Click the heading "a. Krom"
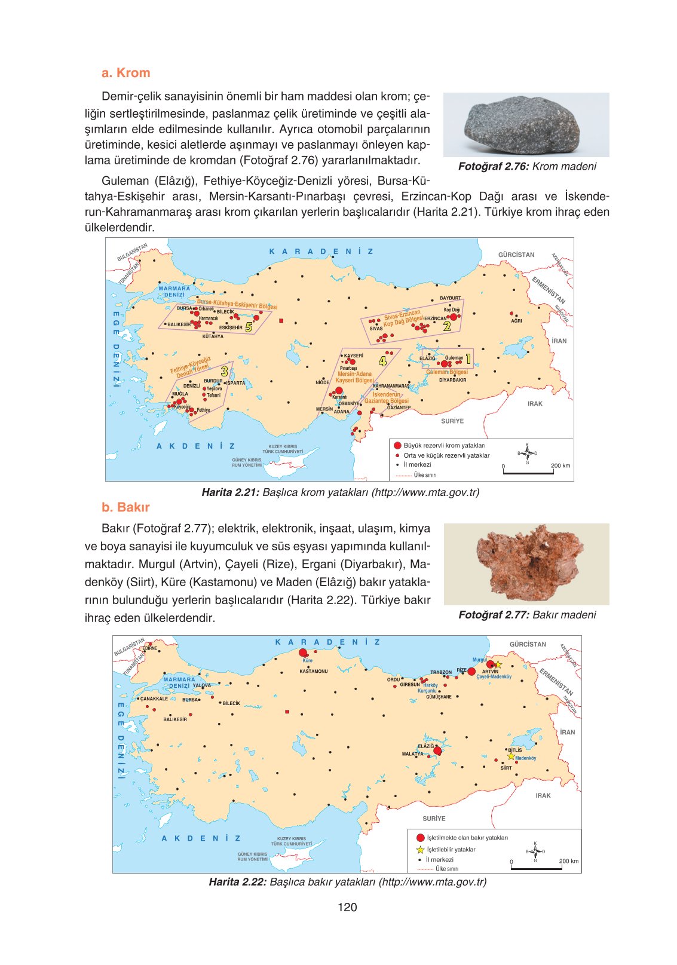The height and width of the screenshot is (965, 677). (x=125, y=73)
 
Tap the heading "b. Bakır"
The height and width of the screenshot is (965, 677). (x=125, y=507)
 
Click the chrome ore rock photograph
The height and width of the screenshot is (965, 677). (x=526, y=125)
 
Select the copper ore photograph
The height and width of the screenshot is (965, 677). (x=526, y=564)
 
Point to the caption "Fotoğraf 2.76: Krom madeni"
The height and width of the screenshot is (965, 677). (x=527, y=167)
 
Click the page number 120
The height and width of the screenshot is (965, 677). (x=347, y=907)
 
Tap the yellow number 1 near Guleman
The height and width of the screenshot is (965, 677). (x=468, y=359)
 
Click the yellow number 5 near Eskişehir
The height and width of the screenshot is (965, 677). (x=249, y=327)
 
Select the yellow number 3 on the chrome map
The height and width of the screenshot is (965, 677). (x=225, y=371)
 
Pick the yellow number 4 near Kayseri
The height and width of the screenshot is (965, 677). (x=382, y=360)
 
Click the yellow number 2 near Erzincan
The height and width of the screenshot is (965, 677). (x=447, y=326)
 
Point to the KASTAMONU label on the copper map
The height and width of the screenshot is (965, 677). (x=313, y=672)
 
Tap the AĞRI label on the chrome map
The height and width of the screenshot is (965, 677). (x=516, y=321)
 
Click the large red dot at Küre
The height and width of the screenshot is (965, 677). (x=303, y=653)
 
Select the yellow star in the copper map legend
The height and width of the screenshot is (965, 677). (x=420, y=849)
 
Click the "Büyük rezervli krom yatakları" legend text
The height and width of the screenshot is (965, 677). (x=445, y=445)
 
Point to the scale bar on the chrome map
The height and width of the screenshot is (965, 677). (x=528, y=473)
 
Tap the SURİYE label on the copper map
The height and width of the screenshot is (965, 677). (x=434, y=819)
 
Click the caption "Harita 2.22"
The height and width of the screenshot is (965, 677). (x=237, y=881)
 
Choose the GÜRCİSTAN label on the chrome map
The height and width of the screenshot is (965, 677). (x=516, y=255)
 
